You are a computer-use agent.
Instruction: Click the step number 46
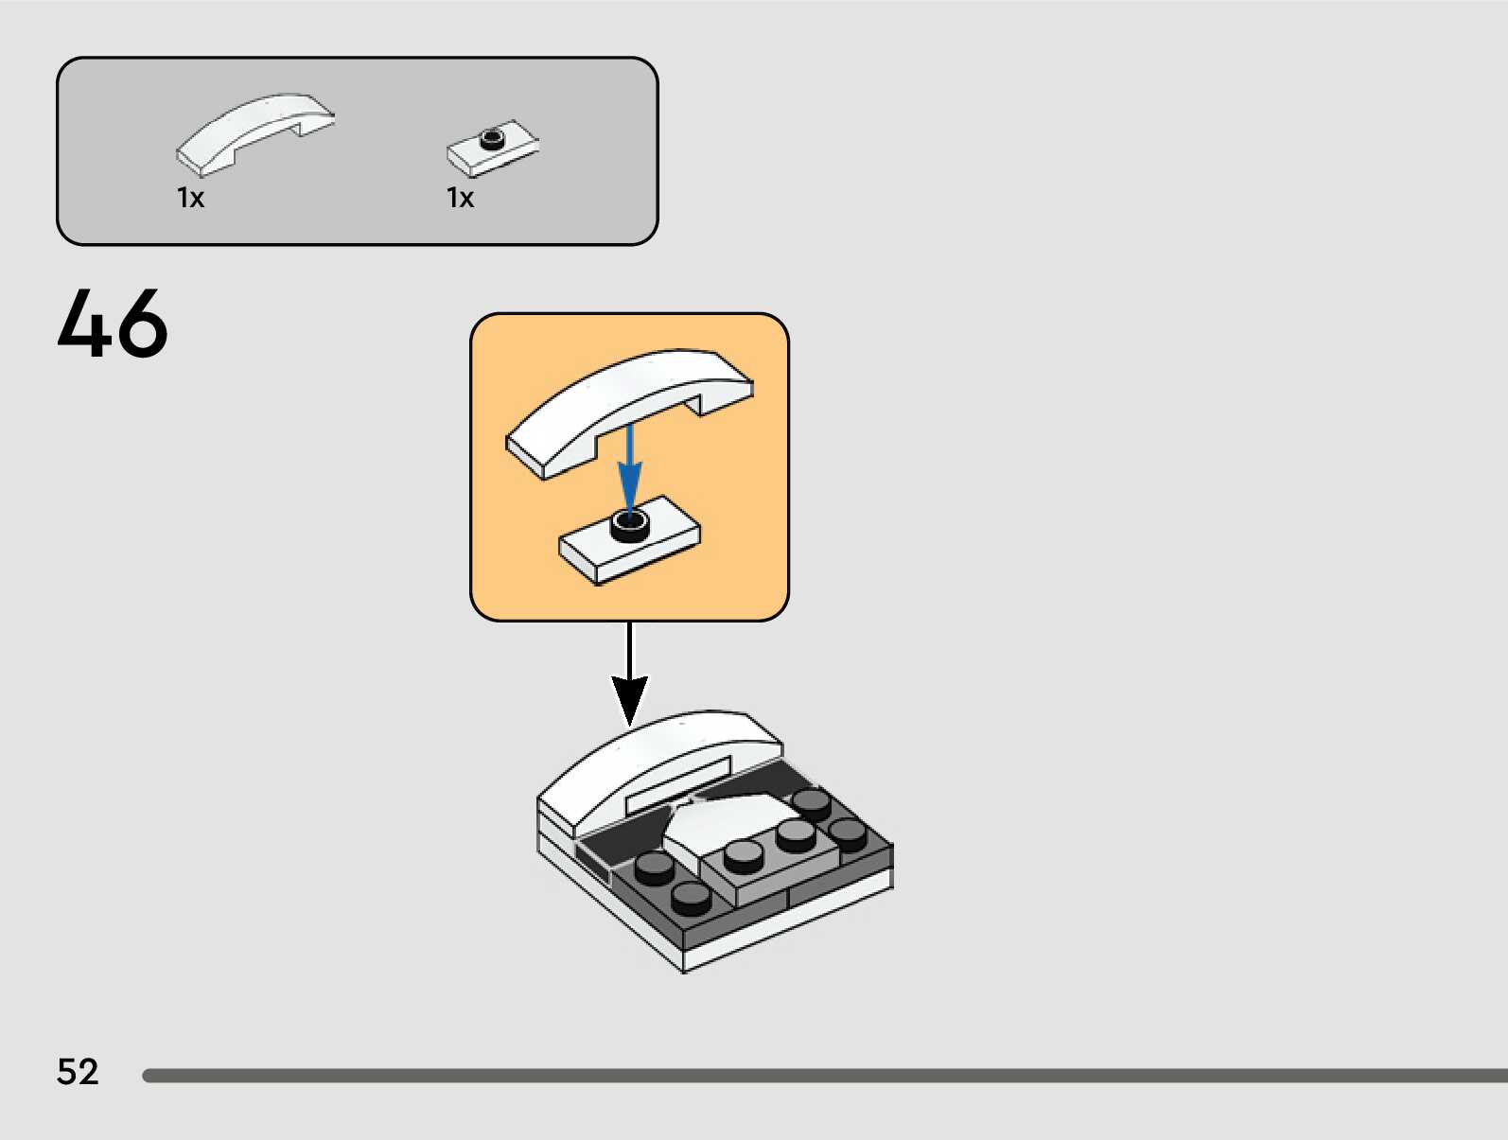(x=113, y=324)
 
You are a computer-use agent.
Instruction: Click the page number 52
(x=78, y=1072)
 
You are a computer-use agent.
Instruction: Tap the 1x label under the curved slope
(x=190, y=198)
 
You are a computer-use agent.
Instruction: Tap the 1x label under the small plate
(x=460, y=198)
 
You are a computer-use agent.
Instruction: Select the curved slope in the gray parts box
(x=254, y=132)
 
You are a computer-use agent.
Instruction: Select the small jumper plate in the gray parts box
(x=492, y=150)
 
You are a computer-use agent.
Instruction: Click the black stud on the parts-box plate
(x=492, y=139)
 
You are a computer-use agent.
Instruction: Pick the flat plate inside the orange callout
(x=629, y=544)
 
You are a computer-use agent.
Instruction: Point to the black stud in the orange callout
(x=630, y=523)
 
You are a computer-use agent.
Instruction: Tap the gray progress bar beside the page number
(x=823, y=1076)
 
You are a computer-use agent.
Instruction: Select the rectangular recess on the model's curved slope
(x=677, y=783)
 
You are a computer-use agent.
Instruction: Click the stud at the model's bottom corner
(x=692, y=898)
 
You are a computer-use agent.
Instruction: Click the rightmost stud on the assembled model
(x=848, y=833)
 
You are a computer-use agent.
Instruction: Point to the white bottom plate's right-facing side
(x=785, y=922)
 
